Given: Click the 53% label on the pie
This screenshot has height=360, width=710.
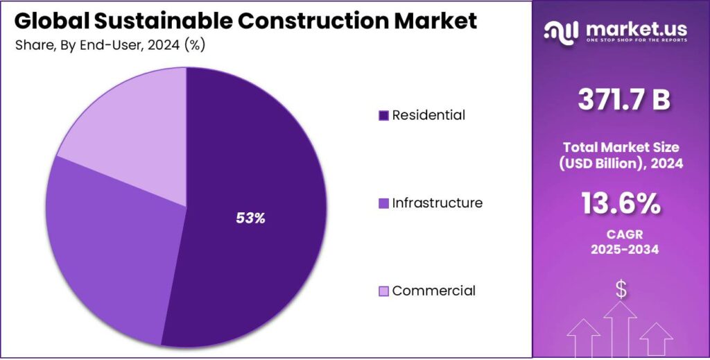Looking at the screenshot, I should pyautogui.click(x=250, y=218).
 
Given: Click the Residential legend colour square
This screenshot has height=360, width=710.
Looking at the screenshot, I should pyautogui.click(x=383, y=115).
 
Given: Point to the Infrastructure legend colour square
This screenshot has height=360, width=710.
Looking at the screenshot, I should pyautogui.click(x=383, y=204).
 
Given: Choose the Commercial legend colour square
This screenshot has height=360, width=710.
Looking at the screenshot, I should pyautogui.click(x=383, y=291).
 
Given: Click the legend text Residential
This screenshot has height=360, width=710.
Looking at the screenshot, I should pyautogui.click(x=428, y=115).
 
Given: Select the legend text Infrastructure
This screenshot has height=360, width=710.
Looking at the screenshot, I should pyautogui.click(x=437, y=203).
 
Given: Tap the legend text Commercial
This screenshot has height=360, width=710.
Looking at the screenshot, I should pyautogui.click(x=434, y=291).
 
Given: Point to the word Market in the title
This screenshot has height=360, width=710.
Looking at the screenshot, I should pyautogui.click(x=436, y=21).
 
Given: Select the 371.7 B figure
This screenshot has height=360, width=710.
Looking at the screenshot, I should pyautogui.click(x=624, y=100).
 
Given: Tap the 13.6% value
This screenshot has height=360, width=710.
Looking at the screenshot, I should pyautogui.click(x=621, y=204).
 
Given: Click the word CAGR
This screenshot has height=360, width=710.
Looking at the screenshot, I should pyautogui.click(x=621, y=235).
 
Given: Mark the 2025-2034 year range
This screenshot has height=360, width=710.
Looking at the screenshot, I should pyautogui.click(x=621, y=250).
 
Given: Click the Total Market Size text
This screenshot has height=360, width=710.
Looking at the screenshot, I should pyautogui.click(x=621, y=147).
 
